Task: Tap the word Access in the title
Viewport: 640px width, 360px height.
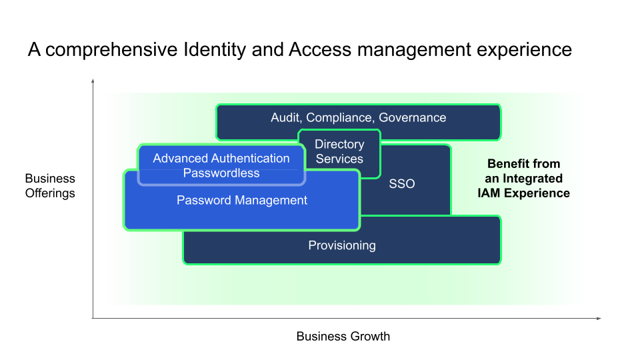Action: coord(320,50)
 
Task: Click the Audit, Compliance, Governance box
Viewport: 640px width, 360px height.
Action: coord(359,122)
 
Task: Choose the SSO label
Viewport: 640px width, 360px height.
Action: coord(401,184)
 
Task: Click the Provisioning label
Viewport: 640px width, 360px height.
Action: coord(342,245)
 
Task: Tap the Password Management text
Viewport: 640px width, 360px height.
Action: coord(242,201)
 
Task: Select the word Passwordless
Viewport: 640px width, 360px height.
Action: coord(221,173)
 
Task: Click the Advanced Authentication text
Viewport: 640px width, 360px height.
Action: coord(221,159)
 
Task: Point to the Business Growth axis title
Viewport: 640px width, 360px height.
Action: coord(343,336)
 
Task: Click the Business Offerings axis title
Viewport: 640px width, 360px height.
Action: coord(50,186)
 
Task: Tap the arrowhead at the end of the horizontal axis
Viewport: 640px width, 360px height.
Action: coord(599,319)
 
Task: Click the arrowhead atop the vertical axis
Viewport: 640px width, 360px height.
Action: coord(93,81)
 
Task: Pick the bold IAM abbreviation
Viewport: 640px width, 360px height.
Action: coord(489,193)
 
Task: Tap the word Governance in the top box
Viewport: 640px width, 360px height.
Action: coord(413,117)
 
